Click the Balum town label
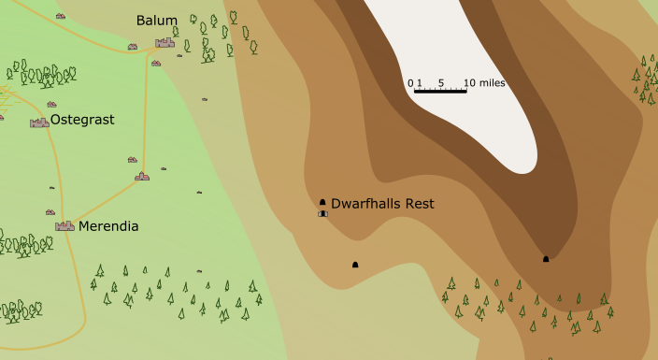tap(156, 21)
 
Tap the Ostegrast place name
tap(82, 120)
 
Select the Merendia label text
tap(108, 226)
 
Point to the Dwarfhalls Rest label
tap(382, 203)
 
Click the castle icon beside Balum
tap(165, 42)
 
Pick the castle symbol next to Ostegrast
tap(39, 122)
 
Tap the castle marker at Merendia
tap(64, 225)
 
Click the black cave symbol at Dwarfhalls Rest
tap(322, 202)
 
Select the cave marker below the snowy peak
tap(546, 259)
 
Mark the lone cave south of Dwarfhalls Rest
tap(355, 265)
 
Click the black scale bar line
tap(439, 91)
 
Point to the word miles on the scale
tap(491, 83)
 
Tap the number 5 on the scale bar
tap(440, 83)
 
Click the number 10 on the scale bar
tap(468, 83)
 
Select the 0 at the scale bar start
tap(410, 83)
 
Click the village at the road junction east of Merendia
tap(142, 176)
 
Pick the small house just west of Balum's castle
tap(133, 46)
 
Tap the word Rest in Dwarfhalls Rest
tap(419, 203)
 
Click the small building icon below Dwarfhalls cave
tap(322, 213)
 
